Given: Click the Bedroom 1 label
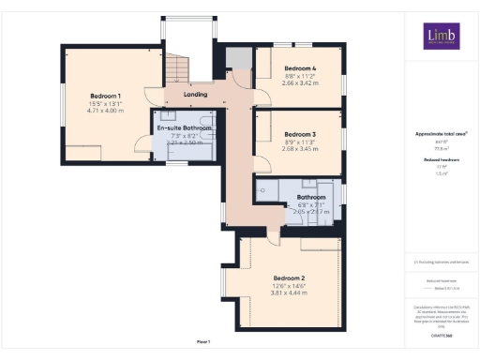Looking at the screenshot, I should point(106,97).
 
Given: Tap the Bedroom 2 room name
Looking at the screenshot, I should point(289,278).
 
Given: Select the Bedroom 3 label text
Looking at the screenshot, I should point(300,133).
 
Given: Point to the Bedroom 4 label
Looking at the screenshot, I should point(300,68).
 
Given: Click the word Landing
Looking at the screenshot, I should point(194,95).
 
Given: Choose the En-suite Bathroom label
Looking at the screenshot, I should point(185,127).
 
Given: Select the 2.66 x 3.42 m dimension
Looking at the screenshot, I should point(300,83).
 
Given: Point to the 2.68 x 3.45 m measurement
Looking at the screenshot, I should point(300,148).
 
